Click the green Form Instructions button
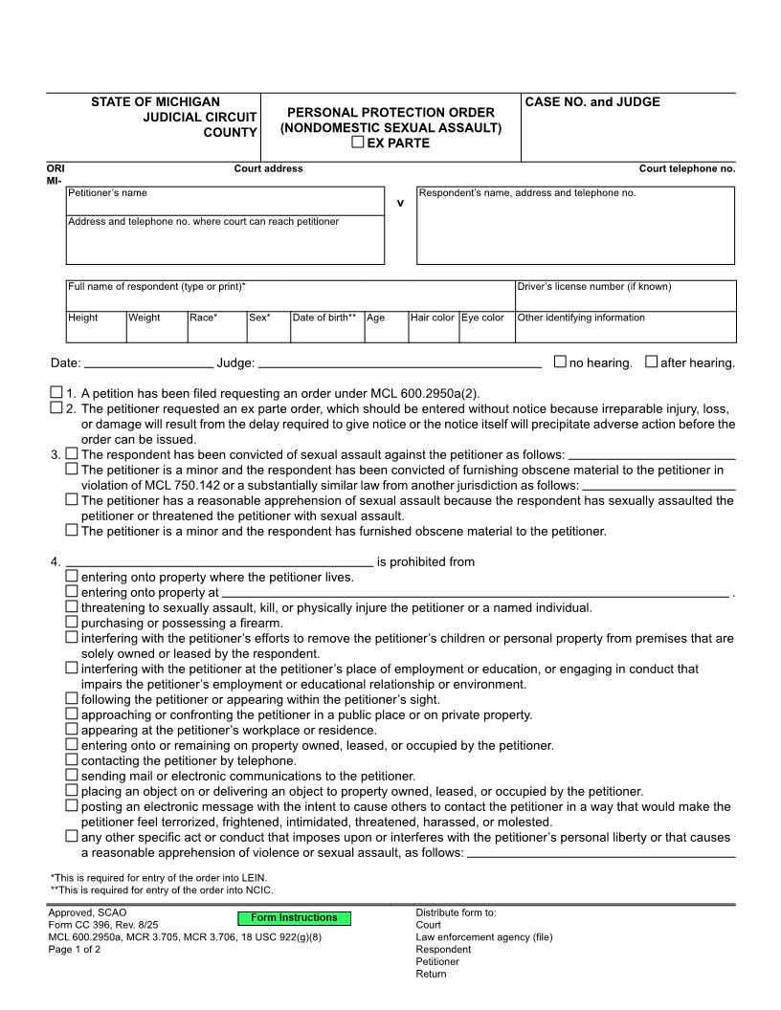[x=294, y=918]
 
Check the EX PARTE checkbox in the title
[x=358, y=143]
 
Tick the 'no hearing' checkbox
[x=560, y=362]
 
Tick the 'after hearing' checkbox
[x=651, y=362]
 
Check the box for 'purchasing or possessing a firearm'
[x=72, y=622]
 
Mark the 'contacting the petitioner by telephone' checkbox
[x=72, y=759]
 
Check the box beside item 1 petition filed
[x=56, y=392]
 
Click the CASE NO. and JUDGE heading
[x=592, y=102]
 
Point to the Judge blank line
[x=399, y=363]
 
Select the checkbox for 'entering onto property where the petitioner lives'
[x=72, y=576]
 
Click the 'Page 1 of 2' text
[x=75, y=950]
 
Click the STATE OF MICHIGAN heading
[x=155, y=102]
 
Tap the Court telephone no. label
[x=686, y=168]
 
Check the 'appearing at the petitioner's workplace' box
[x=72, y=729]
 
